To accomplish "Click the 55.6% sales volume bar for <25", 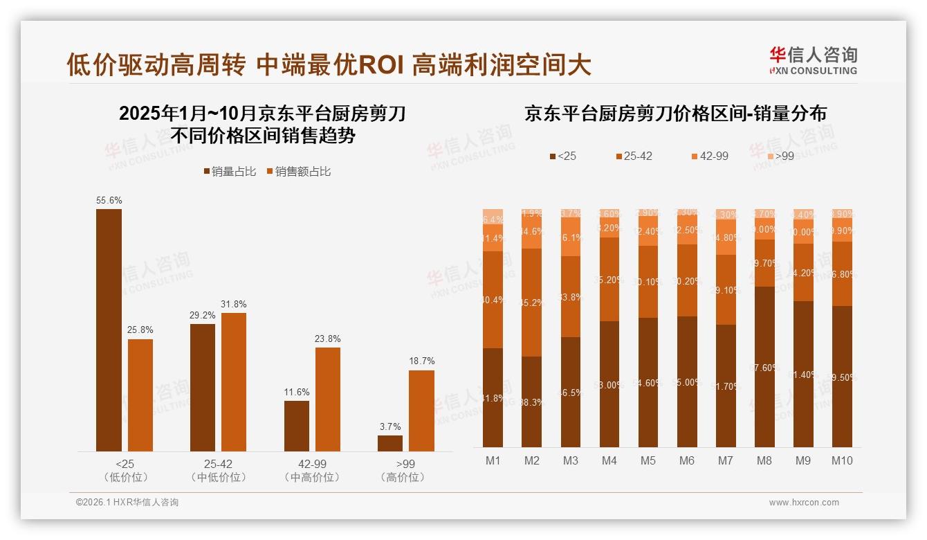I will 109,330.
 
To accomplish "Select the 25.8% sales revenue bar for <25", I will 140,395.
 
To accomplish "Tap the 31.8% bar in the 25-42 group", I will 234,382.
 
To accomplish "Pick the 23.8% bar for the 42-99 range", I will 328,399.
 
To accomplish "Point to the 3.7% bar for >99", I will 390,443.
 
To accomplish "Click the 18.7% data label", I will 422,361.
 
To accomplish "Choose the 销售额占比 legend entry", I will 298,172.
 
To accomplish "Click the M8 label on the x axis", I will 764,460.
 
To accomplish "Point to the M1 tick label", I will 493,460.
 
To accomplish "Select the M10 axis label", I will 842,460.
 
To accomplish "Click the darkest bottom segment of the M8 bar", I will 764,367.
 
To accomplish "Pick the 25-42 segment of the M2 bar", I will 532,303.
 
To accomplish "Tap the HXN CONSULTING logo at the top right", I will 813,61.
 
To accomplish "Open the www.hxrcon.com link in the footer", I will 804,503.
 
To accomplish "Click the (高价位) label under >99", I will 402,478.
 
